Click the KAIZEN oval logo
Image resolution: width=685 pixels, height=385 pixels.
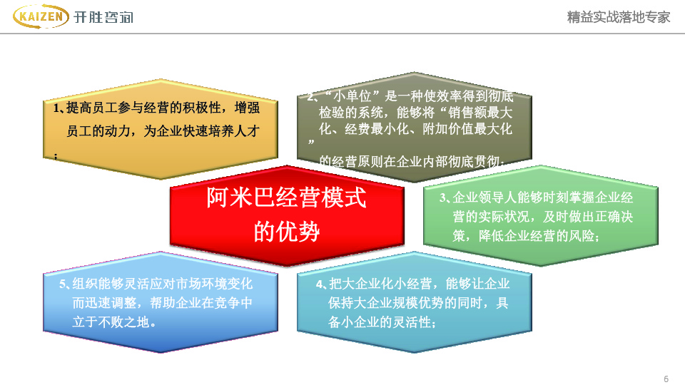pos(41,16)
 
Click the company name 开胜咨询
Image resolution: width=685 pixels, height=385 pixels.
pos(103,17)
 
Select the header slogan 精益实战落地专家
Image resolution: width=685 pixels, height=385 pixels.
pos(618,17)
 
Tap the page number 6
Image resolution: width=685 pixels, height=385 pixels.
pos(666,379)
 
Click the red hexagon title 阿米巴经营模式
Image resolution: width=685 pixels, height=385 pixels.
pos(287,197)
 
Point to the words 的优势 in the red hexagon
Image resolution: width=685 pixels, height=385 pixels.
pos(287,231)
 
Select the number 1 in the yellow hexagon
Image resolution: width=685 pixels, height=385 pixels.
pos(56,108)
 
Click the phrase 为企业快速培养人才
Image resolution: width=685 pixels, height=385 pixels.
pos(202,131)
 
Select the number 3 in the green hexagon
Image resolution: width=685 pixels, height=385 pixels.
pos(442,197)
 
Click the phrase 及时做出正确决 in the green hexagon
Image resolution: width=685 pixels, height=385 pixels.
pos(588,217)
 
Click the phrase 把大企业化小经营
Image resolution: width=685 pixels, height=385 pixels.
pos(380,284)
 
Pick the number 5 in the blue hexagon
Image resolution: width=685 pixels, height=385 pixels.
pos(63,284)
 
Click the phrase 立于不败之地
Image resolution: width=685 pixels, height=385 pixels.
pos(111,322)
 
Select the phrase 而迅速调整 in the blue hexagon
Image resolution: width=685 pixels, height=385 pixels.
pos(104,303)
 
